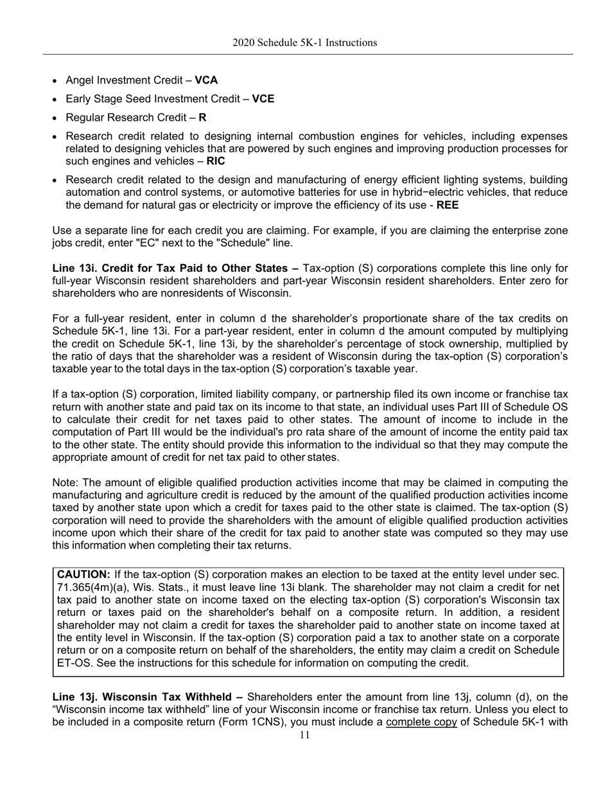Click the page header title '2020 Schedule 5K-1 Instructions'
tap(304, 43)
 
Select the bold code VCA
tap(206, 80)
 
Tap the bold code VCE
tap(263, 99)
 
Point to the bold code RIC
tap(216, 161)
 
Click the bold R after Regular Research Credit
tap(202, 118)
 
